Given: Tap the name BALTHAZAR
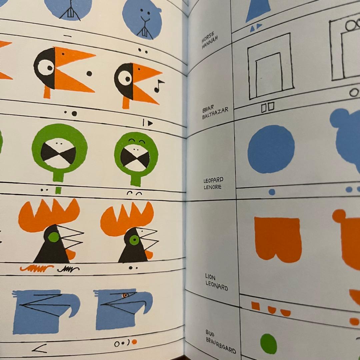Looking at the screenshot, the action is [x=215, y=113].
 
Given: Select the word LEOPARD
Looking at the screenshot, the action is [x=213, y=180].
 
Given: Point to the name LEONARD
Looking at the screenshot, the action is [x=217, y=286].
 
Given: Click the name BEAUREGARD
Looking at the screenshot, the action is [x=221, y=345].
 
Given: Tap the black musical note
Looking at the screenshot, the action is [x=159, y=86].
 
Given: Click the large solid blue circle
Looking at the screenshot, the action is [x=271, y=149].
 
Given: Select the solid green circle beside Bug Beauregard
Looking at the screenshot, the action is [x=268, y=344].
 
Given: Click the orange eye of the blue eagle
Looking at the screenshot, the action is [x=125, y=295].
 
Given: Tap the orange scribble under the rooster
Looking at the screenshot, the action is [x=37, y=268].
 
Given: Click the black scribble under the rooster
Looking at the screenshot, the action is [x=68, y=269].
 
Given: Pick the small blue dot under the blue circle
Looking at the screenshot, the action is [x=272, y=192].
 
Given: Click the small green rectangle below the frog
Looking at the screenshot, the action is [x=58, y=190].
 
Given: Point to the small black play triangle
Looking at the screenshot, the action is [x=150, y=123].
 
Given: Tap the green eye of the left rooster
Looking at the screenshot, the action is [x=54, y=237].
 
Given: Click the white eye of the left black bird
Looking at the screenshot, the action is [x=46, y=67].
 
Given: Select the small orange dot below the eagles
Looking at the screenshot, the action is [x=135, y=342].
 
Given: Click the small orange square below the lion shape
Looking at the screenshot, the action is [x=255, y=306].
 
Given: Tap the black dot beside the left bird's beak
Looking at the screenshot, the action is [x=89, y=73].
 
